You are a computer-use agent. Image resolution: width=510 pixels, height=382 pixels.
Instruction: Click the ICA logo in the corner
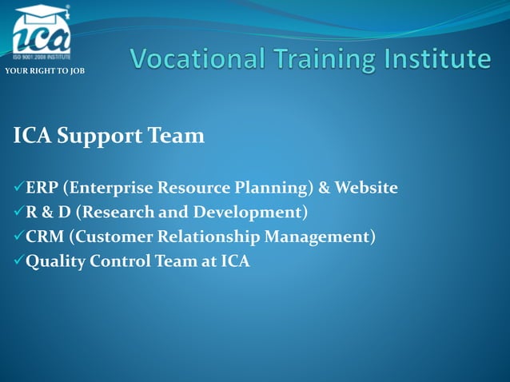click(x=42, y=34)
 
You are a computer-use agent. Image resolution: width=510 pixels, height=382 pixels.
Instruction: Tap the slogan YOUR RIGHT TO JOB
click(x=44, y=72)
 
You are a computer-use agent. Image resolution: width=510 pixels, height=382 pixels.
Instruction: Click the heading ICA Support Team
click(x=109, y=137)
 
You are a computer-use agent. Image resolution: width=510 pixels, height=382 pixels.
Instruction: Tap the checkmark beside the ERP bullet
click(x=19, y=189)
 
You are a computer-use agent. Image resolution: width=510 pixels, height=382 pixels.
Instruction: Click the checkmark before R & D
click(x=19, y=213)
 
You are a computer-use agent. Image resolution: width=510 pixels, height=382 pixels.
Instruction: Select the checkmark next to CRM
click(x=19, y=237)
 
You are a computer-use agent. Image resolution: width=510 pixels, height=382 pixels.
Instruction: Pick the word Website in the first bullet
click(x=365, y=189)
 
